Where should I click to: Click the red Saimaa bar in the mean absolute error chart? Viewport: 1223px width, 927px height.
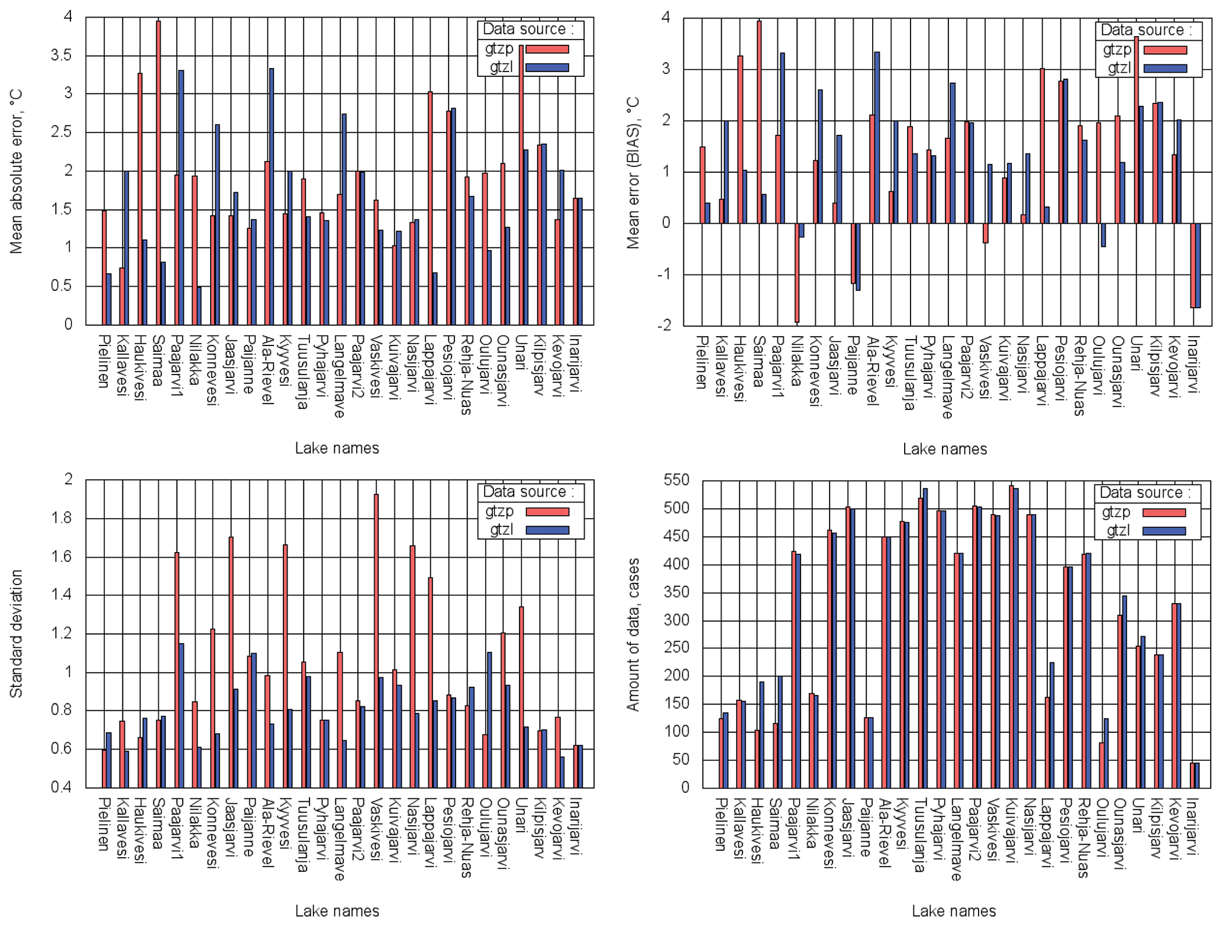pyautogui.click(x=159, y=172)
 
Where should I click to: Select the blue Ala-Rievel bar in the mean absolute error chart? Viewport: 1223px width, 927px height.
pyautogui.click(x=271, y=195)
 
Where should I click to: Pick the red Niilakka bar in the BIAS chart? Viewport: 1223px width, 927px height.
pyautogui.click(x=797, y=272)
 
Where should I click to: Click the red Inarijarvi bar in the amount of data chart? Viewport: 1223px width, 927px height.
pyautogui.click(x=1192, y=775)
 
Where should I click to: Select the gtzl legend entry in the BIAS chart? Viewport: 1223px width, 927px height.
pyautogui.click(x=1118, y=68)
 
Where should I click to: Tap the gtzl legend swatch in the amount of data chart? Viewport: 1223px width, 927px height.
pyautogui.click(x=1164, y=531)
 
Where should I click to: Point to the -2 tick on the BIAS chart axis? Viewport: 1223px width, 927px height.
pyautogui.click(x=664, y=325)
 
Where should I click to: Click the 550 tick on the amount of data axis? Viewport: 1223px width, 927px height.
pyautogui.click(x=677, y=480)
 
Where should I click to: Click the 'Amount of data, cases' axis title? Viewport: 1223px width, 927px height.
pyautogui.click(x=633, y=634)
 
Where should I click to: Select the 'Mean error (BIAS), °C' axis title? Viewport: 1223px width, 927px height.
pyautogui.click(x=633, y=173)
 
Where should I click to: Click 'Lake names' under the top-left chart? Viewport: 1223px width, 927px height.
pyautogui.click(x=337, y=448)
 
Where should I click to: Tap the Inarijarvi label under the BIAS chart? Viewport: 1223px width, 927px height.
pyautogui.click(x=1193, y=364)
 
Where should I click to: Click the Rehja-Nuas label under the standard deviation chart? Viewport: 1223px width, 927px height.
pyautogui.click(x=467, y=837)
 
